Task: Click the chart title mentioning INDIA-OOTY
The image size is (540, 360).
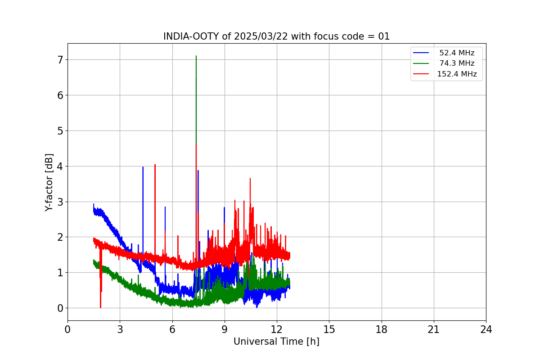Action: point(276,36)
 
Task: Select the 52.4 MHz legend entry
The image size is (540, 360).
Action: point(457,53)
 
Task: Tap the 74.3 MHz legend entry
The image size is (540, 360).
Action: point(457,63)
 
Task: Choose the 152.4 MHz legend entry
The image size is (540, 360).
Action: point(457,74)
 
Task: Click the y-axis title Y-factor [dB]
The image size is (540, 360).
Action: point(49,182)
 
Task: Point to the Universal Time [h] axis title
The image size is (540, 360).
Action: point(276,342)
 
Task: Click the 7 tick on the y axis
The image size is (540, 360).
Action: point(60,60)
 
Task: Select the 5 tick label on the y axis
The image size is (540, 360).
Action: point(60,130)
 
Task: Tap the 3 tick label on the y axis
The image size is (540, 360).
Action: point(60,202)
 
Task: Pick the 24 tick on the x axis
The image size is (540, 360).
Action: point(486,329)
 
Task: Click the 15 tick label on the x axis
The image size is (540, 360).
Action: point(329,329)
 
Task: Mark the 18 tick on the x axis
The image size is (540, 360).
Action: point(382,329)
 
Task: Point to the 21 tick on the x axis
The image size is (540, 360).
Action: point(434,329)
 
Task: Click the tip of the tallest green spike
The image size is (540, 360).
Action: point(196,56)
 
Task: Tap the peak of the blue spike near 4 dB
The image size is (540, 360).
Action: point(143,167)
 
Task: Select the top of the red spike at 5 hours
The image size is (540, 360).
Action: point(155,164)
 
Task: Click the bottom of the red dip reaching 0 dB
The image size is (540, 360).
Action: point(100,307)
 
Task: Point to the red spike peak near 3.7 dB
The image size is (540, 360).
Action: point(250,178)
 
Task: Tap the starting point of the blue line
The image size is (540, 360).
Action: point(94,204)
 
